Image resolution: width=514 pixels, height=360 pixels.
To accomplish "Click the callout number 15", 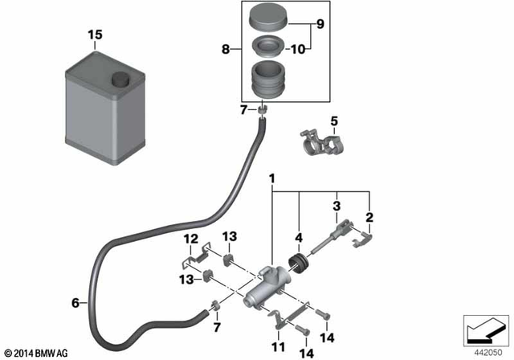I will click(96, 36).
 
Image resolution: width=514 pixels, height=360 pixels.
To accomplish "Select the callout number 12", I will click(190, 239).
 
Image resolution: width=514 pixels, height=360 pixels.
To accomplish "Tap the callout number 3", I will click(338, 207).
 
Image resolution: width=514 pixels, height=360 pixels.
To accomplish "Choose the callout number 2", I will click(370, 217).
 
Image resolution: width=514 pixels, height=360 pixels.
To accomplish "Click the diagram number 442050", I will click(486, 352).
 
